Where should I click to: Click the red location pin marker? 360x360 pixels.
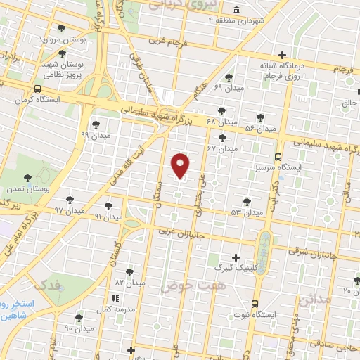point(181,165)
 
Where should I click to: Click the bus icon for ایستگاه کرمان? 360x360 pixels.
point(37,89)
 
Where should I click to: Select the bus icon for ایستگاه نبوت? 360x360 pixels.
point(254,304)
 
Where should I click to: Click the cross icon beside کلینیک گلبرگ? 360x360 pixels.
point(235,257)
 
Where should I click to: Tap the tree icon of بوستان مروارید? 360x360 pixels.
point(63,29)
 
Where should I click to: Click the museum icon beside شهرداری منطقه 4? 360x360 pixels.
point(234,10)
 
